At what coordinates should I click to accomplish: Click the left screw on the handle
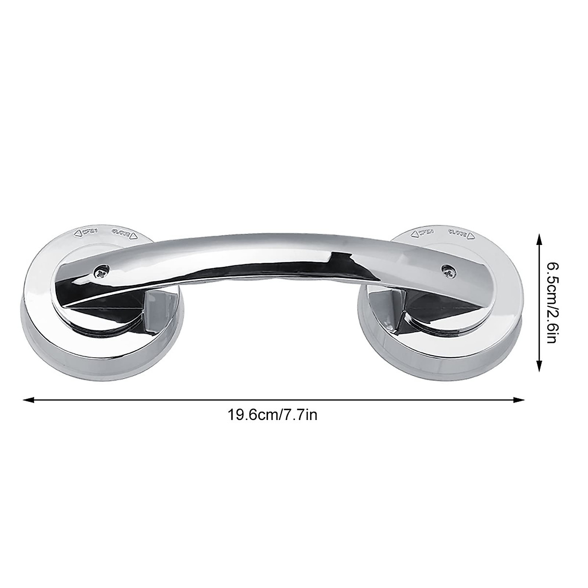click(x=101, y=270)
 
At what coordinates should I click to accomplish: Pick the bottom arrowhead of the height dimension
click(x=539, y=367)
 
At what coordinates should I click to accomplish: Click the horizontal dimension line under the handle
click(x=274, y=400)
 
